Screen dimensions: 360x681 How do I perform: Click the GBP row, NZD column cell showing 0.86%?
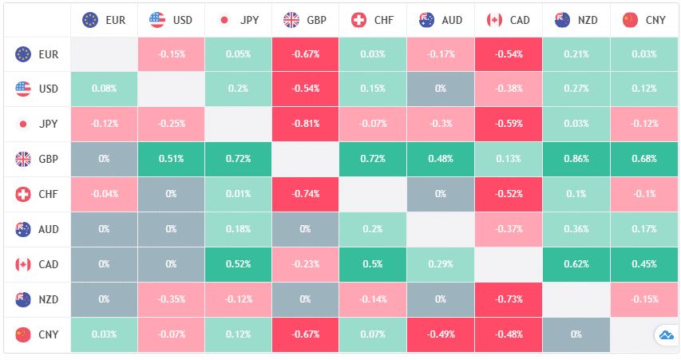click(x=576, y=159)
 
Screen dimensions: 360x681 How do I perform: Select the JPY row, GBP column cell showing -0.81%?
click(x=306, y=124)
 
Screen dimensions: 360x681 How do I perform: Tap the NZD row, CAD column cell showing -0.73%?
click(x=509, y=299)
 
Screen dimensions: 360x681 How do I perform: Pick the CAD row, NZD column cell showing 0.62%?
click(x=576, y=264)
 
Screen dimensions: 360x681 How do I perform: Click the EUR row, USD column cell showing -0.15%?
click(x=171, y=53)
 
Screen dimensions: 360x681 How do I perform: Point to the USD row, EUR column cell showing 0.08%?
click(x=104, y=89)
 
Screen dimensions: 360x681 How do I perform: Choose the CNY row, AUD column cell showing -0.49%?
click(x=441, y=334)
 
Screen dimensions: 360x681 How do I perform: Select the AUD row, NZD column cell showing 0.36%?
click(x=576, y=229)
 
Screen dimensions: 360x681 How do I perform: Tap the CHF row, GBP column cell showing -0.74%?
click(x=306, y=194)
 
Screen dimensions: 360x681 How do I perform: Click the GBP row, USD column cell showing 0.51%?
click(x=171, y=159)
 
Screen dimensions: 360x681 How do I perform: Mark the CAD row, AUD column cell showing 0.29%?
click(x=441, y=264)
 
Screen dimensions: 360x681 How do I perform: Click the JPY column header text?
click(x=249, y=19)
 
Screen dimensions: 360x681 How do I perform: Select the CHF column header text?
click(x=384, y=19)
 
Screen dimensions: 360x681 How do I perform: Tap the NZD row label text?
click(x=49, y=299)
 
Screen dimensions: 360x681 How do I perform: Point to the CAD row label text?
click(x=49, y=264)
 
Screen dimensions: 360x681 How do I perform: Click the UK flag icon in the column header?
click(x=291, y=19)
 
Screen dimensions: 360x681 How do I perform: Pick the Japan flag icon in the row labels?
click(x=23, y=124)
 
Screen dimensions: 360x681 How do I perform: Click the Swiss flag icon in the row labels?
click(x=23, y=194)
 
